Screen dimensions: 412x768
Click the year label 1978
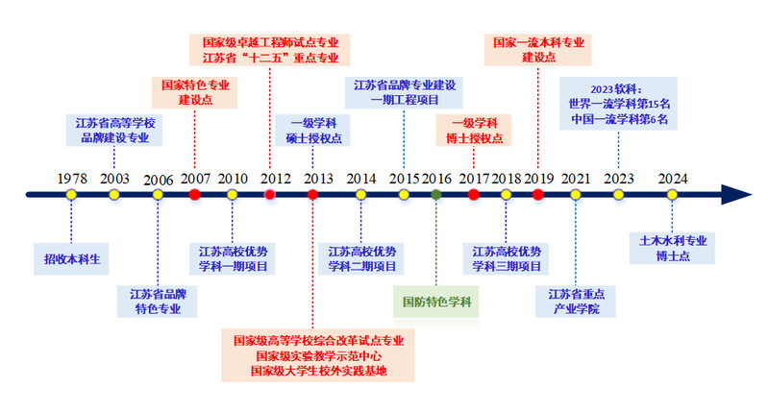pos(71,179)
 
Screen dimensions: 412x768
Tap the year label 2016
pos(436,179)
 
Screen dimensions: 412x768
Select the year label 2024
pos(672,179)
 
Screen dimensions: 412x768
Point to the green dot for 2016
pos(436,195)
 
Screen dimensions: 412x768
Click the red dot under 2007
pos(195,195)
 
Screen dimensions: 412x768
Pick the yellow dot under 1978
pos(71,195)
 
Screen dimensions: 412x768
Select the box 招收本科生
pos(72,258)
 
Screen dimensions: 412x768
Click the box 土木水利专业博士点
pos(674,248)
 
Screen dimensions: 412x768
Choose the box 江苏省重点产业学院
pos(576,301)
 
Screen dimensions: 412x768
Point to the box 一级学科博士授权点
pos(474,131)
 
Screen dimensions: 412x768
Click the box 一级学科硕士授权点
pos(313,131)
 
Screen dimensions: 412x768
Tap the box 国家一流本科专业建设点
pos(538,50)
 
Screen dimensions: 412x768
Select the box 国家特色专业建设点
pos(195,92)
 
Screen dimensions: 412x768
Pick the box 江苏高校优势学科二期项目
pos(361,258)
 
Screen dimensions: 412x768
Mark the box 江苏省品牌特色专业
pos(158,301)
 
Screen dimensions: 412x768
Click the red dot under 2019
pos(538,195)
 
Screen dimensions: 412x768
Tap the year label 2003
pos(114,179)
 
